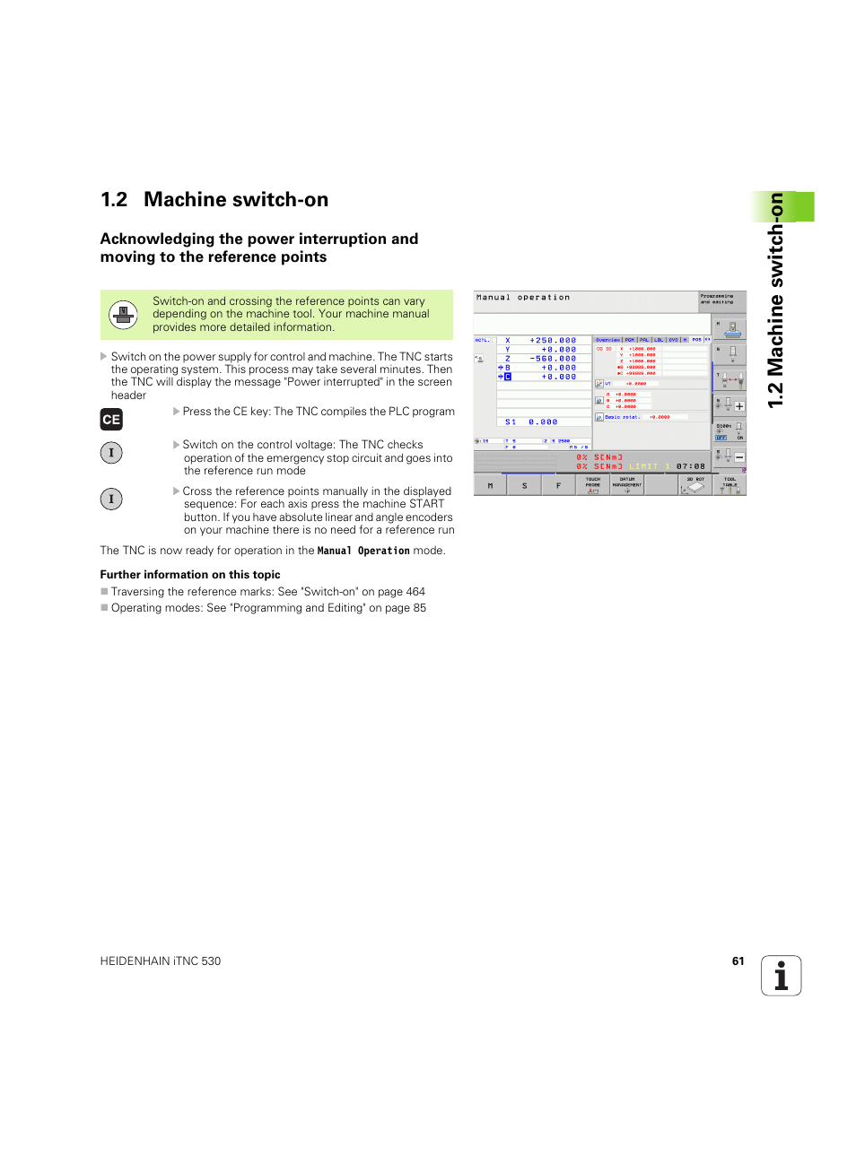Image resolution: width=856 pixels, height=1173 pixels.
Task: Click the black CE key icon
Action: [111, 419]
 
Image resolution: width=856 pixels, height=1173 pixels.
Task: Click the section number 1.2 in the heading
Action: [114, 200]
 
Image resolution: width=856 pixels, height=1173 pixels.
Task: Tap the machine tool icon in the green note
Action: [123, 315]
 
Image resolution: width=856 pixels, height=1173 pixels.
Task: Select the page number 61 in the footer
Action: [738, 961]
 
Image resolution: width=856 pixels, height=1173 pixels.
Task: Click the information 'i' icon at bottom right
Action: [781, 976]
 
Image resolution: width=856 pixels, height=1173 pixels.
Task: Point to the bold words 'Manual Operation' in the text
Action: [362, 551]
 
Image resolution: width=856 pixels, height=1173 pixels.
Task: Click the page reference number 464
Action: [415, 592]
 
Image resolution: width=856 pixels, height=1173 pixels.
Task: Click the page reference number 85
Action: [419, 608]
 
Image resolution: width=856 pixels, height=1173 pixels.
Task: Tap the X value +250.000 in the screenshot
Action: [553, 341]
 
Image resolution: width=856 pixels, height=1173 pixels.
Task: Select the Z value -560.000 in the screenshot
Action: [553, 359]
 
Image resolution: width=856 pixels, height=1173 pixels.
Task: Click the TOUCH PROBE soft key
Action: [593, 485]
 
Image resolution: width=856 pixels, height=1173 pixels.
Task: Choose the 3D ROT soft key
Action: [695, 485]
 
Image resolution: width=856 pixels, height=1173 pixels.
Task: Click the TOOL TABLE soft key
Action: [729, 485]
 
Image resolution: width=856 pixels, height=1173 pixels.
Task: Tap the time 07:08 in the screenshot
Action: [690, 466]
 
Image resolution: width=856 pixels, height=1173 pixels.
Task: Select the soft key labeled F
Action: [558, 485]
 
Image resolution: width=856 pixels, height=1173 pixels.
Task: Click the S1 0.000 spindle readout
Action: [531, 421]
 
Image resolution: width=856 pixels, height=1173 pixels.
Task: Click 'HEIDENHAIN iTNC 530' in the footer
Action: [161, 961]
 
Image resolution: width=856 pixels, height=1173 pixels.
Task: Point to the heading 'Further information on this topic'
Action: [190, 575]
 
